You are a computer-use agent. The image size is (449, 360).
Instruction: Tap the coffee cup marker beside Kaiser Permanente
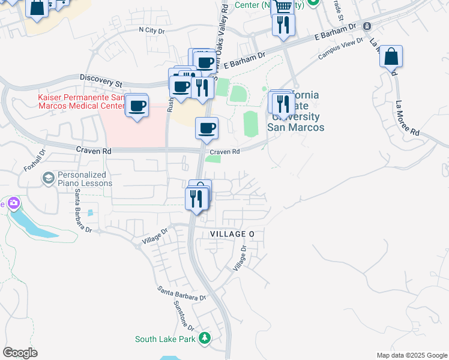pos(137,106)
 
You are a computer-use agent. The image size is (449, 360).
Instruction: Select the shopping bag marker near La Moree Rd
pos(391,57)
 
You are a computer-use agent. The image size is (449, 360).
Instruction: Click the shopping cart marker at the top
pos(283,6)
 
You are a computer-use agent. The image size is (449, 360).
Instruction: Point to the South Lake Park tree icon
pos(205,339)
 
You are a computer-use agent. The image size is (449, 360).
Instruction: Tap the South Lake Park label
pos(166,339)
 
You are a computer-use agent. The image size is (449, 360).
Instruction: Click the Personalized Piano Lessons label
pos(85,179)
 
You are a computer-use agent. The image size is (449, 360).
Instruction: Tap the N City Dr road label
pos(151,29)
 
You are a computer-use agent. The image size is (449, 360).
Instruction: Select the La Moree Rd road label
pos(408,117)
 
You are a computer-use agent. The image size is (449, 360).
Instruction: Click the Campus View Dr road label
pos(342,50)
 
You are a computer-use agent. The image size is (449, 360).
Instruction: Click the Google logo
pos(20,353)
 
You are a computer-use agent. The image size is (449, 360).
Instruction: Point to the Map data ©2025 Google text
pos(411,355)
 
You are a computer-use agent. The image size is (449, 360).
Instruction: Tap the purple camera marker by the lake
pos(12,204)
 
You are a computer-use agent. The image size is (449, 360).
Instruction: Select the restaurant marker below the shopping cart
pos(283,25)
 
